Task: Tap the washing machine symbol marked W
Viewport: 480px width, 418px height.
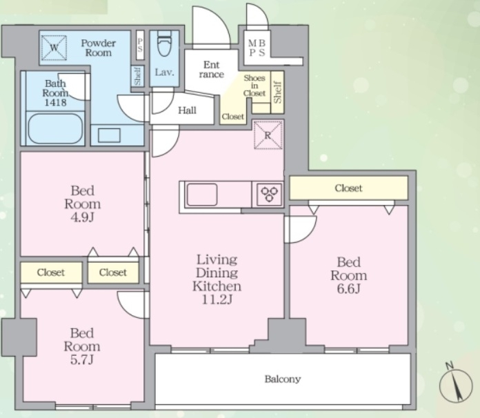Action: [x=54, y=48]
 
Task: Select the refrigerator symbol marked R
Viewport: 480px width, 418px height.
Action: [x=268, y=135]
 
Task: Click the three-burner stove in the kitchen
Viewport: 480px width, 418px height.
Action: [x=270, y=194]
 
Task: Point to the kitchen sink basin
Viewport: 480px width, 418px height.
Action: [x=202, y=195]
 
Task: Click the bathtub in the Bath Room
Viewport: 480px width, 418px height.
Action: [x=55, y=128]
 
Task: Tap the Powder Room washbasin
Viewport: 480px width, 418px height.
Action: [x=109, y=135]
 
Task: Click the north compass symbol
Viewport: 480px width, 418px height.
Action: [x=455, y=384]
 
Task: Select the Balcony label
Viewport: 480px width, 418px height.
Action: [x=283, y=379]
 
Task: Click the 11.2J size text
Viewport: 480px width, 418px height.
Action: [x=217, y=299]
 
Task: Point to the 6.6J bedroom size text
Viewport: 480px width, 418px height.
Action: [x=348, y=288]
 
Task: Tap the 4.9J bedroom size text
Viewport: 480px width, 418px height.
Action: [x=82, y=217]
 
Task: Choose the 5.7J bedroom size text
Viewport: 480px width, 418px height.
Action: [x=82, y=359]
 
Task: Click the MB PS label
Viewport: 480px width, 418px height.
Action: [x=257, y=48]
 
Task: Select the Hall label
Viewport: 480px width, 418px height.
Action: [x=187, y=110]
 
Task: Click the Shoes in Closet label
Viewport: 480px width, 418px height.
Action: [x=254, y=86]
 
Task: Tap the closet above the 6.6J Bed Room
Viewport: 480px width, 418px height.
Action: [x=349, y=188]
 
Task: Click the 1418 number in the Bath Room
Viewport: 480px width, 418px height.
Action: [x=55, y=102]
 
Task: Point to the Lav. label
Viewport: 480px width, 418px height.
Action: [x=164, y=72]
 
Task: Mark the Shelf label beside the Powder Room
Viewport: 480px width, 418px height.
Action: [x=137, y=77]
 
